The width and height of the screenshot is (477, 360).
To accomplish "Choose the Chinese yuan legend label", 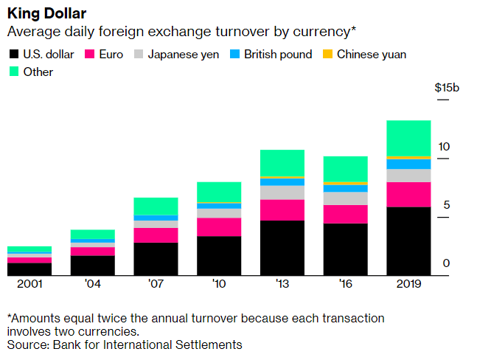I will pyautogui.click(x=372, y=54).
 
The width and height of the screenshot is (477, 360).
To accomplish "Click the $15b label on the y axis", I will pyautogui.click(x=447, y=88).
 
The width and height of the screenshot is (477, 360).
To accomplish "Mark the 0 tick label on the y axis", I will pyautogui.click(x=446, y=263).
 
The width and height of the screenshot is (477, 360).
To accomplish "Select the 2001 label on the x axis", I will pyautogui.click(x=29, y=285).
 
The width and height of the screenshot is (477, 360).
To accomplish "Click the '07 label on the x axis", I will pyautogui.click(x=156, y=285).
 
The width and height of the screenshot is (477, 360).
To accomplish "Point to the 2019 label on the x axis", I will pyautogui.click(x=409, y=285).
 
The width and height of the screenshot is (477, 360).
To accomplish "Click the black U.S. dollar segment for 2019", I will pyautogui.click(x=409, y=241).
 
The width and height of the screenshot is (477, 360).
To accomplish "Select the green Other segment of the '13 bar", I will pyautogui.click(x=282, y=163).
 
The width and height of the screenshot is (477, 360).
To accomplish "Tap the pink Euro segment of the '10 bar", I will pyautogui.click(x=219, y=227).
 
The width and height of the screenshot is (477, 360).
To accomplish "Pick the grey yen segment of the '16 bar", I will pyautogui.click(x=346, y=198).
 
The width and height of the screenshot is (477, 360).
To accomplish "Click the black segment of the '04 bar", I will pyautogui.click(x=92, y=266).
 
